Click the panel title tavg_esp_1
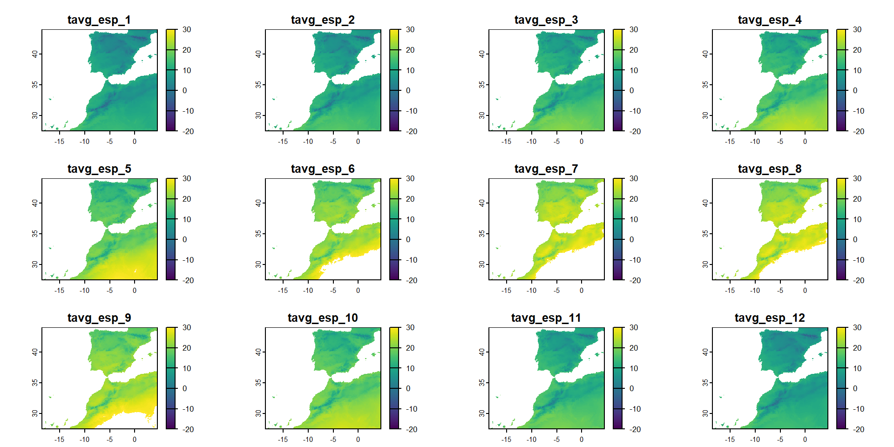click(x=99, y=20)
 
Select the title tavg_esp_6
click(x=322, y=169)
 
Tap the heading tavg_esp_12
click(x=769, y=318)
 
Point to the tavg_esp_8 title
click(x=769, y=169)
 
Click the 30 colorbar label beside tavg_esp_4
click(x=857, y=30)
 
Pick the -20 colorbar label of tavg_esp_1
click(x=188, y=131)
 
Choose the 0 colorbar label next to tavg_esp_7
click(x=632, y=239)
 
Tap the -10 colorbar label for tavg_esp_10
click(x=411, y=409)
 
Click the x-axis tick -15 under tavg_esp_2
click(x=283, y=142)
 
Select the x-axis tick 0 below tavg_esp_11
click(x=582, y=440)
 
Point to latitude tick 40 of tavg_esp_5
click(x=35, y=203)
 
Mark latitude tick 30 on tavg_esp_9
click(x=35, y=413)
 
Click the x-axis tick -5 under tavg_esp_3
click(x=557, y=142)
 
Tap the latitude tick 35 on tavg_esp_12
click(x=705, y=383)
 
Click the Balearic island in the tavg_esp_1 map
click(x=150, y=57)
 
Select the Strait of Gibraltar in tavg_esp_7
click(x=554, y=229)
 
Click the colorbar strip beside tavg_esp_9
click(x=171, y=378)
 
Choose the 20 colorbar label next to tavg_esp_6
click(x=410, y=199)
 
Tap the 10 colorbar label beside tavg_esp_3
click(x=634, y=70)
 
